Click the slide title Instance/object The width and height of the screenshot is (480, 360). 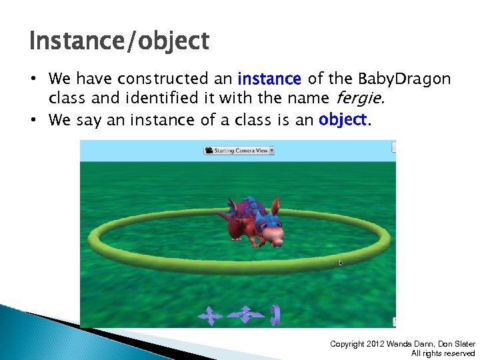pyautogui.click(x=119, y=41)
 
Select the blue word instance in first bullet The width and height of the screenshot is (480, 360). pyautogui.click(x=269, y=79)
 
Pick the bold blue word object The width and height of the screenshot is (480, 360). pyautogui.click(x=342, y=120)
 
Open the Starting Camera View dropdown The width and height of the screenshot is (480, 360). pyautogui.click(x=239, y=150)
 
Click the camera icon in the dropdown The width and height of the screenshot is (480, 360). pyautogui.click(x=209, y=150)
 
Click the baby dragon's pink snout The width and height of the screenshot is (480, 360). pyautogui.click(x=273, y=233)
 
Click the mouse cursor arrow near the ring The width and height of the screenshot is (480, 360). pyautogui.click(x=341, y=263)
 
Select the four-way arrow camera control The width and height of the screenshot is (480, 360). pyautogui.click(x=210, y=315)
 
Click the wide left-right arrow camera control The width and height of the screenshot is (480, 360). pyautogui.click(x=244, y=314)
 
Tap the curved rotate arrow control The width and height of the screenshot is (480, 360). pyautogui.click(x=274, y=313)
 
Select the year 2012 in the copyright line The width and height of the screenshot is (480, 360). pyautogui.click(x=376, y=344)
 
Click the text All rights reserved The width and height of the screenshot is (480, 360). pyautogui.click(x=443, y=353)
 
